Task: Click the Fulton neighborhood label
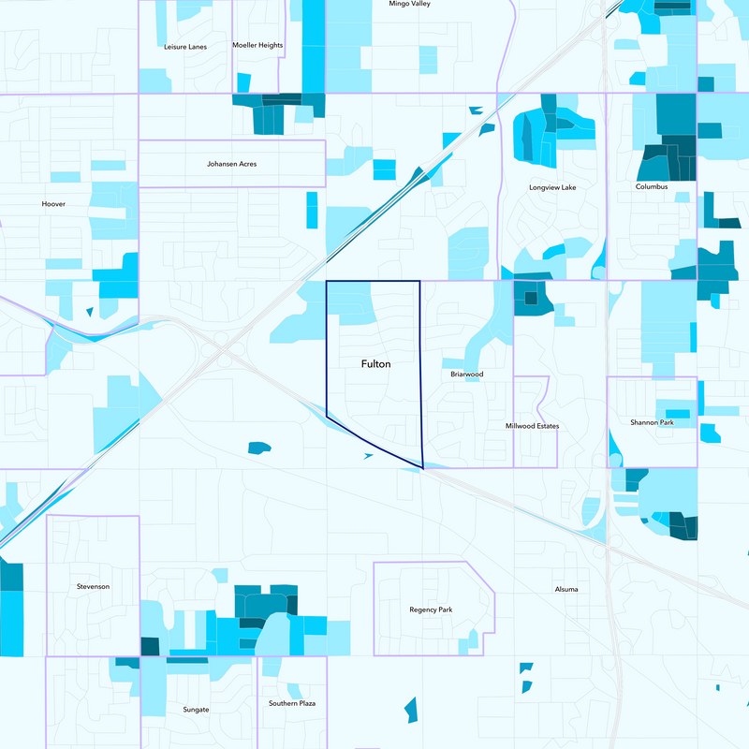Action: point(375,363)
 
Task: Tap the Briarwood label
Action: point(466,374)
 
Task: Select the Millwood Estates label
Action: point(531,426)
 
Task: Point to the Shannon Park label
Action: point(652,422)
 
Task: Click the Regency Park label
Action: point(431,609)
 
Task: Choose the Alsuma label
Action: point(565,589)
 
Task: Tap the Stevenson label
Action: point(93,586)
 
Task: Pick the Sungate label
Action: point(196,709)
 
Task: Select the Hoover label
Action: point(53,203)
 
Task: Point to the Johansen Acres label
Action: point(231,164)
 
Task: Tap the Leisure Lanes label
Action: point(184,46)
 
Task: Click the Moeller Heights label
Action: point(257,45)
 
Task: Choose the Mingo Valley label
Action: point(409,4)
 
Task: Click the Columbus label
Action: point(652,186)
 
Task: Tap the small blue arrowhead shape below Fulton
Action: point(368,455)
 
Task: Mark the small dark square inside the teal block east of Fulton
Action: point(531,299)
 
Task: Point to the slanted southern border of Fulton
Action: point(374,441)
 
